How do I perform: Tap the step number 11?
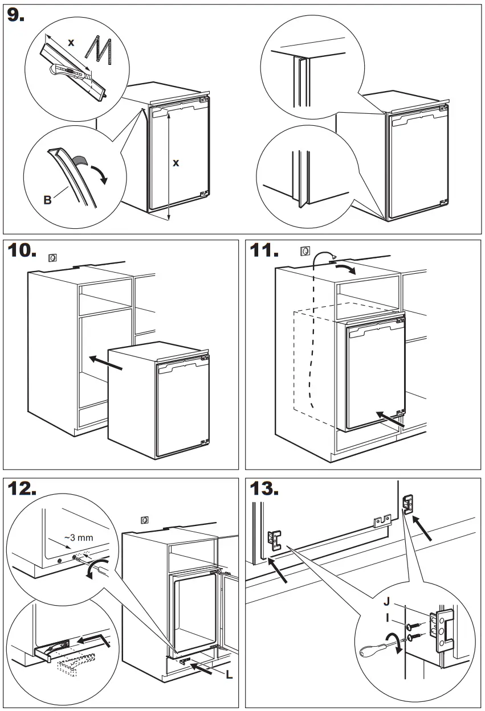[264, 250]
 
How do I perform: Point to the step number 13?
[265, 489]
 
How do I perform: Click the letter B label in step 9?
[47, 200]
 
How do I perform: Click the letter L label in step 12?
[229, 675]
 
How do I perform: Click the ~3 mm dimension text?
[78, 537]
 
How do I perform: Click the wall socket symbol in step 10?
[52, 258]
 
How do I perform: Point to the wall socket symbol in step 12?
[145, 520]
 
